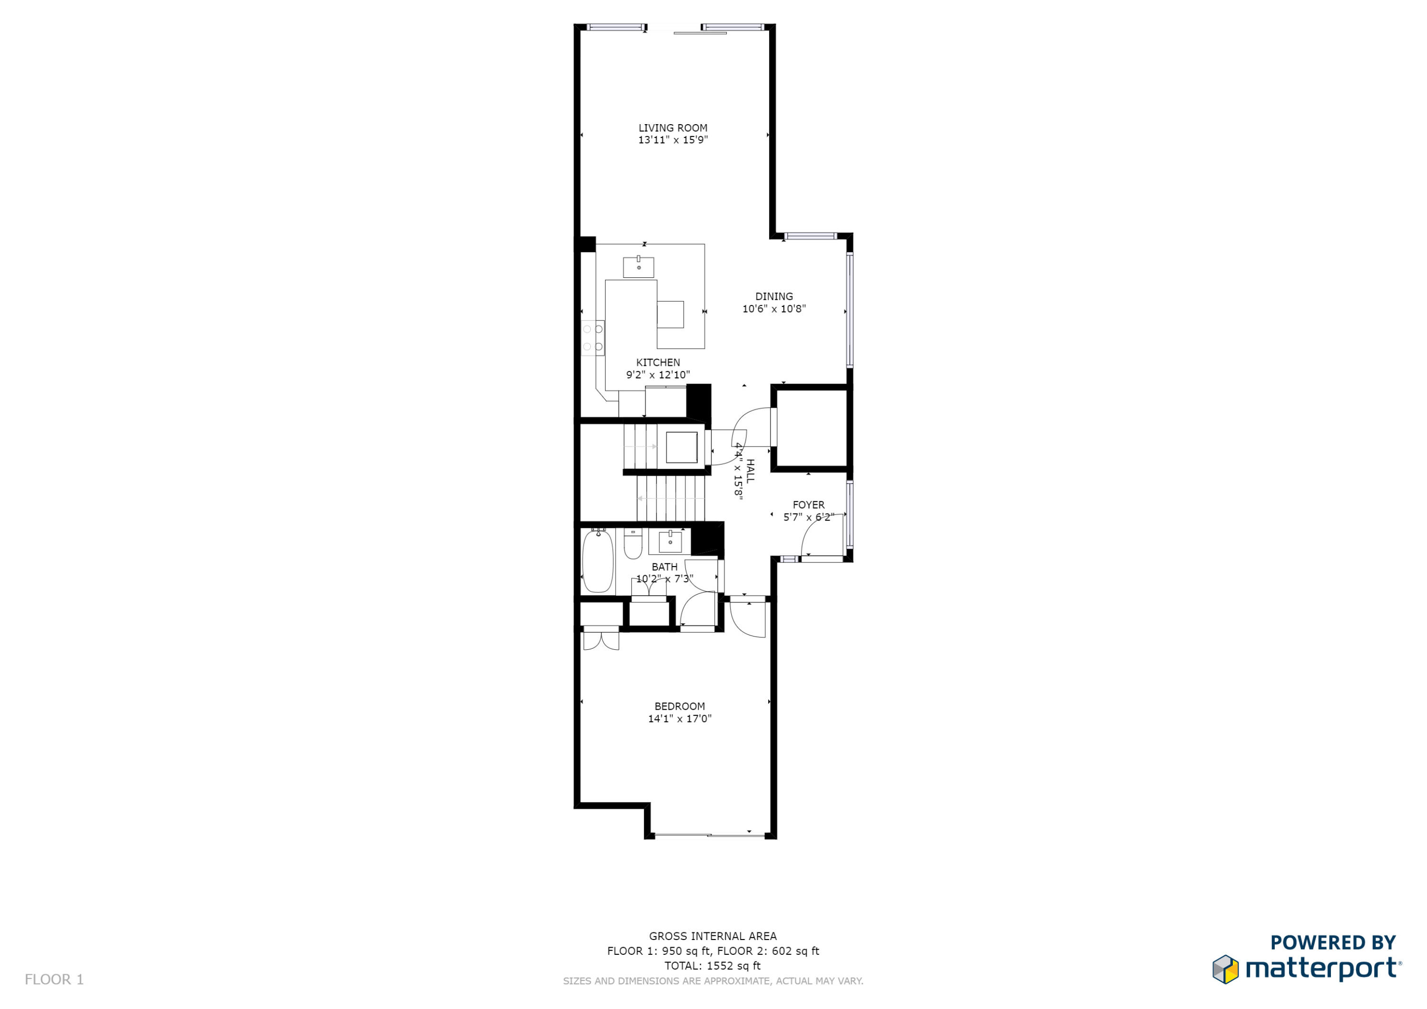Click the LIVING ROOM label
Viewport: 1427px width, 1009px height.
pyautogui.click(x=673, y=128)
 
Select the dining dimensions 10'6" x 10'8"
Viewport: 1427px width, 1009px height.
pyautogui.click(x=774, y=308)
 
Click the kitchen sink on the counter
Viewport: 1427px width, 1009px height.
pyautogui.click(x=638, y=267)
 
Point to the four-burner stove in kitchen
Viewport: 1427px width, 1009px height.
pyautogui.click(x=592, y=338)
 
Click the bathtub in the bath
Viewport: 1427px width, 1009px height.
pyautogui.click(x=598, y=561)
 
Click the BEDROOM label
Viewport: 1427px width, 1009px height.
pyautogui.click(x=679, y=706)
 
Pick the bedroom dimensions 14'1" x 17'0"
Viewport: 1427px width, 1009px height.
pyautogui.click(x=679, y=719)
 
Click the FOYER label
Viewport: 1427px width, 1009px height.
pyautogui.click(x=808, y=505)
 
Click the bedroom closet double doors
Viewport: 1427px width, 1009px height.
pyautogui.click(x=601, y=641)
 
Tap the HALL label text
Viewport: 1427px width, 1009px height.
pyautogui.click(x=750, y=471)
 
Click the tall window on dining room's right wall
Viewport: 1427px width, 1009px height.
pyautogui.click(x=850, y=310)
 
